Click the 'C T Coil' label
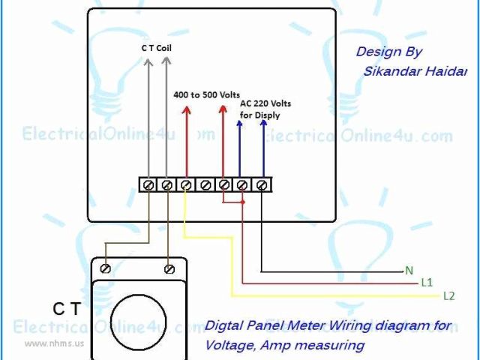[157, 47]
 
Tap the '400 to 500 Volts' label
[206, 95]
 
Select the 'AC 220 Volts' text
[265, 103]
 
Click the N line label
[409, 270]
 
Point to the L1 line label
[427, 283]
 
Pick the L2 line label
[448, 296]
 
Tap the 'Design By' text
[388, 52]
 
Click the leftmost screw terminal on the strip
[148, 184]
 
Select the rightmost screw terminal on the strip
[262, 184]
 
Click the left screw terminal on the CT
[107, 267]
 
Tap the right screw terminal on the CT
[169, 267]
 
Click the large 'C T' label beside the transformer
[67, 307]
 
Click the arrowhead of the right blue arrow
[263, 123]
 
